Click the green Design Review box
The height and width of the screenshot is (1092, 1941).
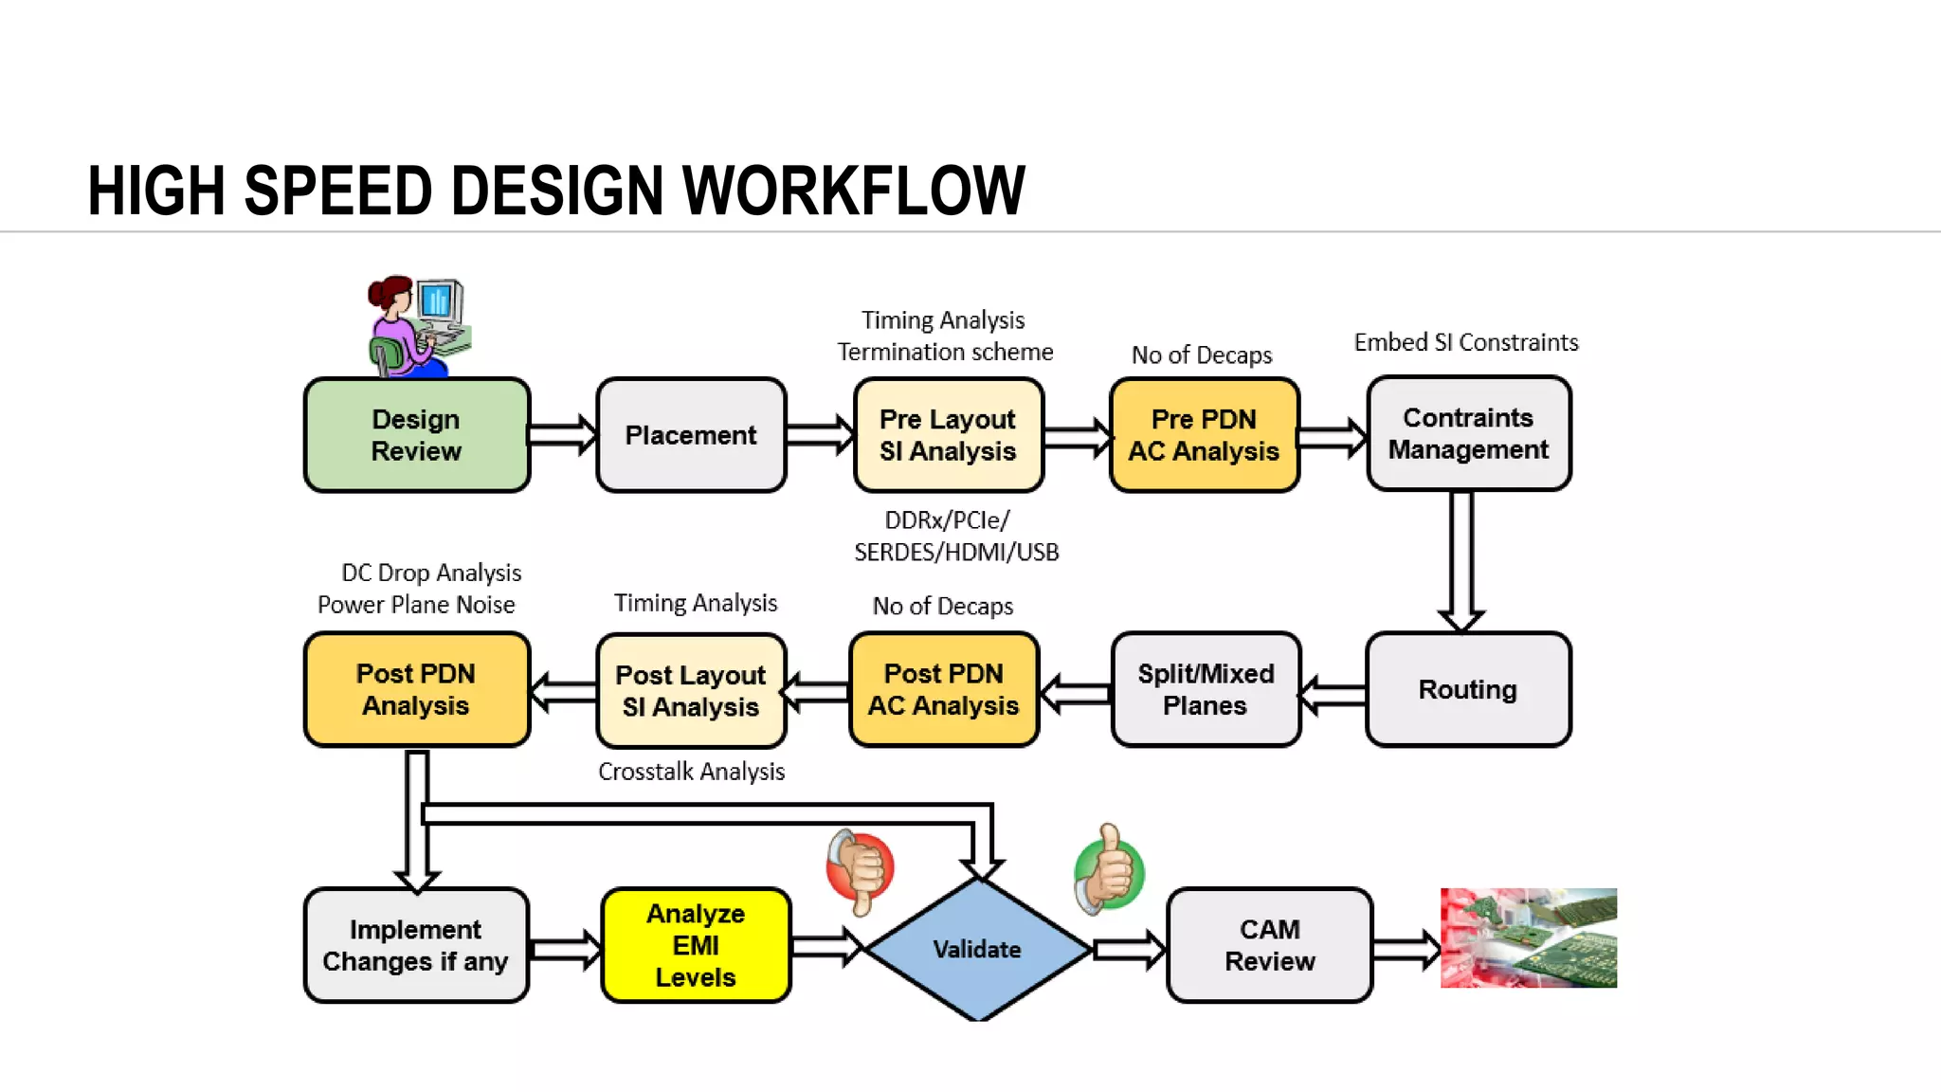[417, 435]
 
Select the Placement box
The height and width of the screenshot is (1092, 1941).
[691, 435]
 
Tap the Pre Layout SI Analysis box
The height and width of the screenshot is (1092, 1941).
[948, 435]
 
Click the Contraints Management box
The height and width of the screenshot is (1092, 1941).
[1468, 433]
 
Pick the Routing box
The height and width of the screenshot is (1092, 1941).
[1467, 689]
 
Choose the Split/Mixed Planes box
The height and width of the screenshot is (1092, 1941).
[1206, 689]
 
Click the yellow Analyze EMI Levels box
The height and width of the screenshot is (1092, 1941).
[696, 945]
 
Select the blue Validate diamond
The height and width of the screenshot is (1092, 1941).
[977, 949]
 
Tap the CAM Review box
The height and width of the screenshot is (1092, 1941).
[1269, 945]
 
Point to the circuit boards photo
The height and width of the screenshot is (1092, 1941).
[1528, 937]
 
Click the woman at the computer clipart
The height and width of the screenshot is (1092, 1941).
[418, 326]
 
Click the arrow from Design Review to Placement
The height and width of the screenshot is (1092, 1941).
[563, 435]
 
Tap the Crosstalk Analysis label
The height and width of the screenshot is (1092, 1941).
[691, 772]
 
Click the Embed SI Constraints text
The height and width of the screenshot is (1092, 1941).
[1465, 342]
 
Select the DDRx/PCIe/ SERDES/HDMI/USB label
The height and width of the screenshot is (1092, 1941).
[955, 537]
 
